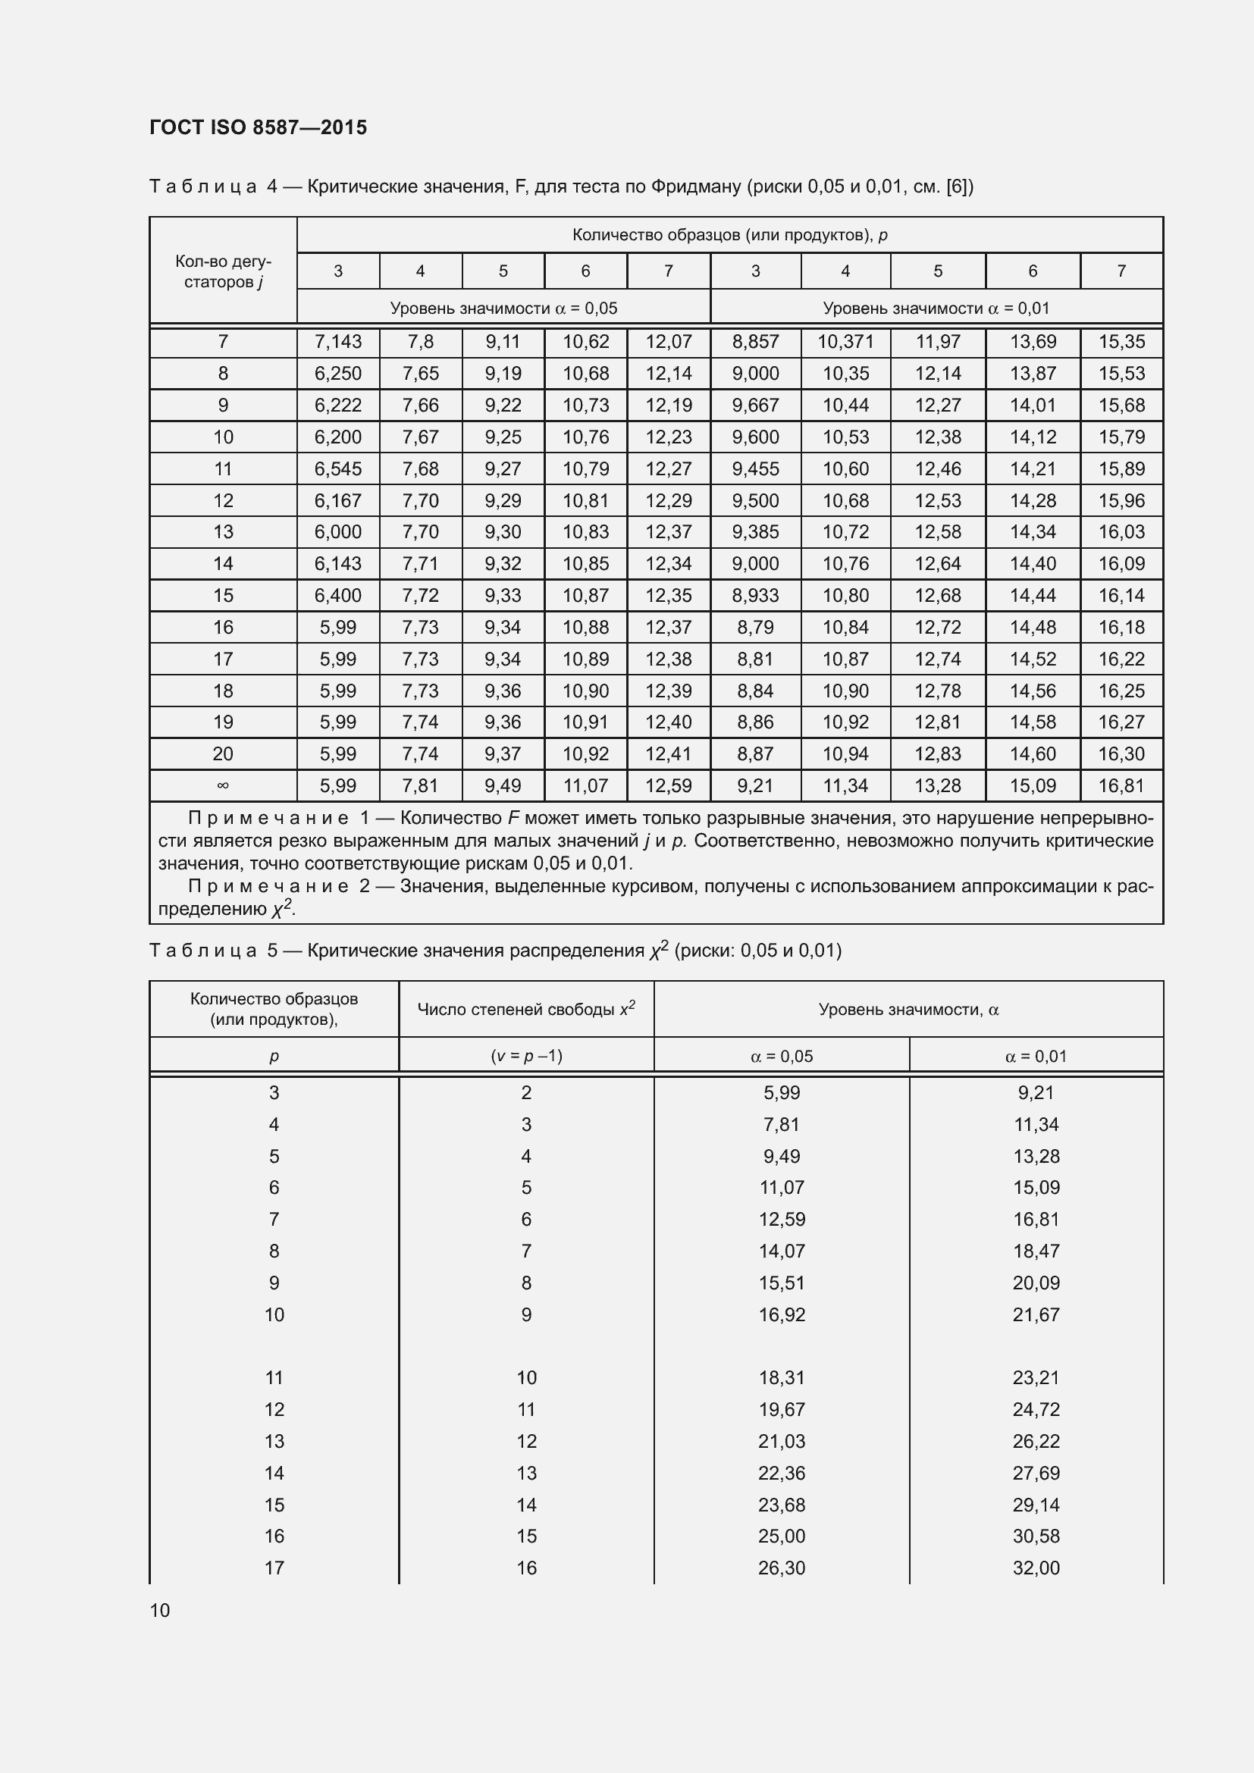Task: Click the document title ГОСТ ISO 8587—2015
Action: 258,127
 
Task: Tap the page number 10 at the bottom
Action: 160,1610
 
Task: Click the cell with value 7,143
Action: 337,341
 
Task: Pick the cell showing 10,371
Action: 845,341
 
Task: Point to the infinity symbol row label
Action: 222,785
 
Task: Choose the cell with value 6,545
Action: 337,468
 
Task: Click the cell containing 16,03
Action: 1121,531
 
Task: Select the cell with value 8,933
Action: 755,595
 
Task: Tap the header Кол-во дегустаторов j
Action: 222,271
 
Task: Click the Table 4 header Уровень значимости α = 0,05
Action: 503,308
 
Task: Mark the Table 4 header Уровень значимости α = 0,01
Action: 936,308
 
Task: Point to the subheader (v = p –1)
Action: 526,1056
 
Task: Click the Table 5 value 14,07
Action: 782,1251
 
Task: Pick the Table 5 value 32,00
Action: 1036,1568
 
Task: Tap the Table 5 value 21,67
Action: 1036,1314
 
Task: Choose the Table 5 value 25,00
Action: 782,1536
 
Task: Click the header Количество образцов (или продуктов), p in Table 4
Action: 729,235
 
